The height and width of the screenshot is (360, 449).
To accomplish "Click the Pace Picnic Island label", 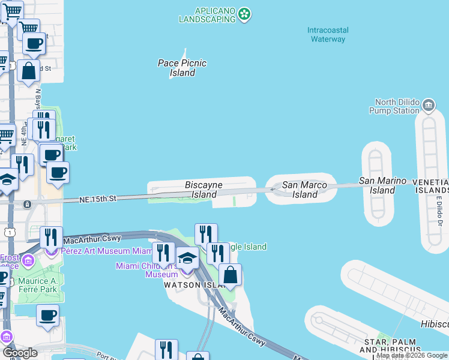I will (x=182, y=68).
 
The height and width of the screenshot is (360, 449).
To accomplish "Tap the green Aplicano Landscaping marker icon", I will (x=244, y=14).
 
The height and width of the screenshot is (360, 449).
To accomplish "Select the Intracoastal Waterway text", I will (x=327, y=34).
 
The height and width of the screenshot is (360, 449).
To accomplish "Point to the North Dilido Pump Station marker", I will (x=429, y=106).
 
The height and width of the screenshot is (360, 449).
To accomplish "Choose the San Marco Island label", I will (x=304, y=190).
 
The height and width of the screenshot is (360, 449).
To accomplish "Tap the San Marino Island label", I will (x=382, y=185).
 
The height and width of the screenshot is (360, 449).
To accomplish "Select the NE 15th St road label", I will (x=97, y=198).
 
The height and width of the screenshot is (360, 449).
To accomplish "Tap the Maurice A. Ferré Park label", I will (x=36, y=285).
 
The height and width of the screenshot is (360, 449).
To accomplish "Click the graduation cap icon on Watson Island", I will (x=188, y=259).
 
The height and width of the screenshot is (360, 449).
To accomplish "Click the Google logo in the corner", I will (x=19, y=353).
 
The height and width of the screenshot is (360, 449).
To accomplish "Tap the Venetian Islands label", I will (x=431, y=186).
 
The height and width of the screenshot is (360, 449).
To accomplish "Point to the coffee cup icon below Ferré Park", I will (x=47, y=316).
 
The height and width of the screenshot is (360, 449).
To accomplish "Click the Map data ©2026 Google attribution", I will (x=412, y=356).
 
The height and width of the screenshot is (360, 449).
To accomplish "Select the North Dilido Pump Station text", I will (x=396, y=106).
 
